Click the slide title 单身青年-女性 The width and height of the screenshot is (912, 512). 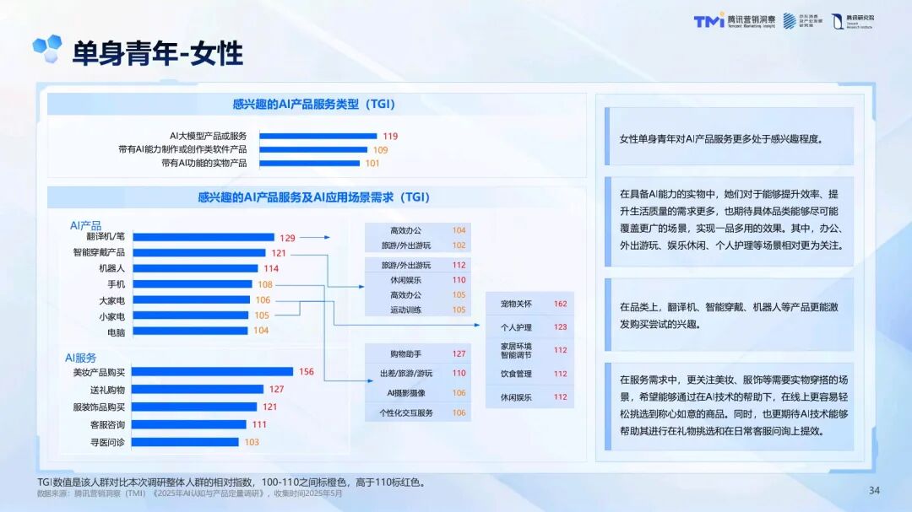[x=157, y=53]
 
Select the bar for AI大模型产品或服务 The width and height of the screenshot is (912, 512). [x=318, y=136]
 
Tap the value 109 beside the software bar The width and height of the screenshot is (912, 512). [x=381, y=149]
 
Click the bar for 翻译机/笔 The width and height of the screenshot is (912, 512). [x=204, y=237]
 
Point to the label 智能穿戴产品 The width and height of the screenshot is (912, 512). [x=99, y=252]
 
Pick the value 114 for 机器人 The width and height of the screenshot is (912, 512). [x=270, y=268]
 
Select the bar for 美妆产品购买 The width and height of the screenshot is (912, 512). [x=213, y=372]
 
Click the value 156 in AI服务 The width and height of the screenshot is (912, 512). [x=306, y=372]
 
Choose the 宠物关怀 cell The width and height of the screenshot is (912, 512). [x=515, y=304]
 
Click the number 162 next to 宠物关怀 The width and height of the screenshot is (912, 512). [x=560, y=304]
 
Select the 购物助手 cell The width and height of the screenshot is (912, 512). [x=405, y=353]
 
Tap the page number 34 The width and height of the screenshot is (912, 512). [x=874, y=490]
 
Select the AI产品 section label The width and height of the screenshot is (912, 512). [x=85, y=225]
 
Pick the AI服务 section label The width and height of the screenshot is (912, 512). [x=85, y=358]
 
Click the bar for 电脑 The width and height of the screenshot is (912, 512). [x=191, y=331]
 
